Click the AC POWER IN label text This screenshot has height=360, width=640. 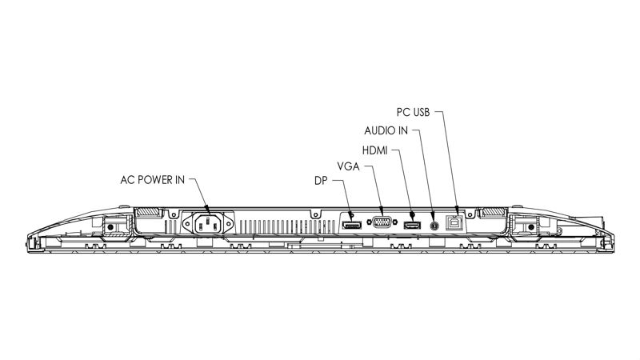(152, 180)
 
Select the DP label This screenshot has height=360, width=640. (321, 181)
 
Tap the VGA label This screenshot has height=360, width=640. (348, 166)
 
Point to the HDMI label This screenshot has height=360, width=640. (374, 150)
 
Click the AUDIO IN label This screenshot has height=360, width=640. (386, 130)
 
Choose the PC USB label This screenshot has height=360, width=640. (413, 112)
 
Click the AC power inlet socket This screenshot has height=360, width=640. (208, 224)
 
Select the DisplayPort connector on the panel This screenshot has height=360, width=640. (351, 225)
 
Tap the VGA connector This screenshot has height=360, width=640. (382, 222)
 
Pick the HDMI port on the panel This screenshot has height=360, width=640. (412, 225)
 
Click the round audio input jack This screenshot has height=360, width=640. (434, 225)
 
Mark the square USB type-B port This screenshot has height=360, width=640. (454, 222)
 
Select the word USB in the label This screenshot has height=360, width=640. (422, 112)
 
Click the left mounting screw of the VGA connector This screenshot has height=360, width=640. (370, 222)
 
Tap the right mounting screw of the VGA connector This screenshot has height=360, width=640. (395, 222)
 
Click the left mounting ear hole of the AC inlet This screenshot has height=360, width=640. (187, 224)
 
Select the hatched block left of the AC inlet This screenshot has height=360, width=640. (147, 212)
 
